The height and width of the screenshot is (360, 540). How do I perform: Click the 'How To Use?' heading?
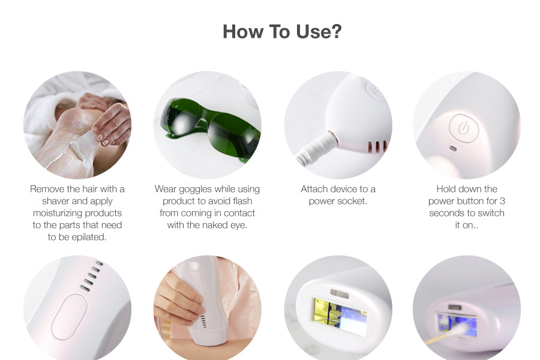[x=282, y=31]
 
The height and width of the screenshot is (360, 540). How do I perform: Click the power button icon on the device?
[x=464, y=128]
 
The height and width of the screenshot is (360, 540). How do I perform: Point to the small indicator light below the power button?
[x=454, y=148]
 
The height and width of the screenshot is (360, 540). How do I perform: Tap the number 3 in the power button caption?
[x=502, y=201]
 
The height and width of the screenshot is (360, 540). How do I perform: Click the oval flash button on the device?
[x=69, y=317]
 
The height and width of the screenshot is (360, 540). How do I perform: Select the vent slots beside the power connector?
[x=378, y=147]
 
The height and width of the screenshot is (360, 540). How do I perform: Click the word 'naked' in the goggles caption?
[x=216, y=226]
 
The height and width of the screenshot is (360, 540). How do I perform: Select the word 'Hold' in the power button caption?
[x=446, y=189]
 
